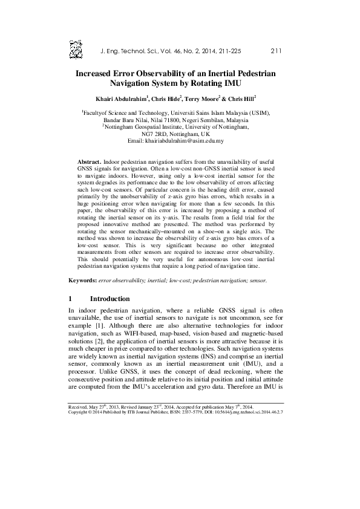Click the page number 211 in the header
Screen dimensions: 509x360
click(278, 51)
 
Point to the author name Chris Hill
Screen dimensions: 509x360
click(240, 97)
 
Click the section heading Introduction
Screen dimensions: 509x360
click(110, 299)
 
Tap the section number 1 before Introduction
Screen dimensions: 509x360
click(71, 299)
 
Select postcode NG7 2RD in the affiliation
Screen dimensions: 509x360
click(156, 134)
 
